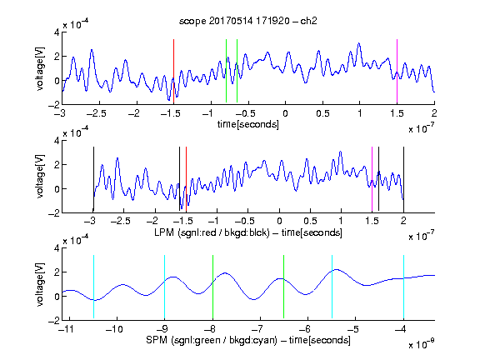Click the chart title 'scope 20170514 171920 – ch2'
click(x=248, y=21)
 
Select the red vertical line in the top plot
click(x=173, y=72)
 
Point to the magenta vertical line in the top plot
click(x=397, y=72)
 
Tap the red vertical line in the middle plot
click(x=186, y=179)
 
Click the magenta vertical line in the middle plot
click(x=372, y=179)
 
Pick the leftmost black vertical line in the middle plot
click(x=93, y=179)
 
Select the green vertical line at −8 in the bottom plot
click(x=212, y=287)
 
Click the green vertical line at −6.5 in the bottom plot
click(x=284, y=287)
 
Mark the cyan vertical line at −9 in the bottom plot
click(x=164, y=287)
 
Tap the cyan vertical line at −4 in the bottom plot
click(x=403, y=287)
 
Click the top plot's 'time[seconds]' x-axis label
click(x=248, y=124)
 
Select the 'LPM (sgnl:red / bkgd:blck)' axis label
click(x=212, y=232)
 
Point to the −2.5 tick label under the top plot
click(x=96, y=113)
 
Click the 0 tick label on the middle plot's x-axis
click(x=279, y=221)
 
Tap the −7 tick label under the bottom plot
click(x=257, y=329)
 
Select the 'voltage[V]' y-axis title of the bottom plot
click(x=40, y=284)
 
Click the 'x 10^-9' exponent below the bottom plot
click(x=422, y=343)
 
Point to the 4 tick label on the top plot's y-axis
click(x=57, y=32)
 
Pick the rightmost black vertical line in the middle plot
click(x=403, y=179)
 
